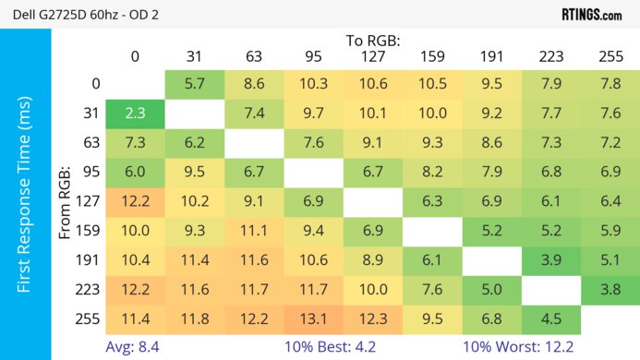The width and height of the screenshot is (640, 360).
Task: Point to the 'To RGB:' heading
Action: click(373, 41)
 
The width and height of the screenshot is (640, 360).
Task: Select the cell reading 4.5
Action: click(551, 319)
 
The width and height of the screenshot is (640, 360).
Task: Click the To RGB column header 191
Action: click(491, 57)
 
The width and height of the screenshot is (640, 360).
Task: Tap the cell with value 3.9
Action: click(551, 261)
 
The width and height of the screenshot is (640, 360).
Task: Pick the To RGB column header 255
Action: click(610, 57)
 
